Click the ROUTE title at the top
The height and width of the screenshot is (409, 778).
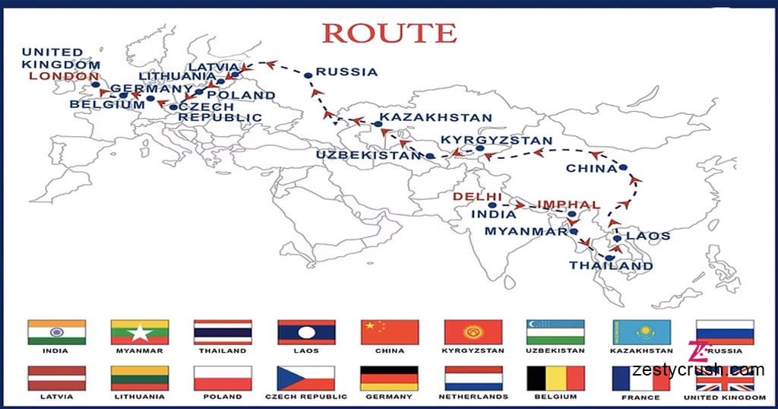(389, 33)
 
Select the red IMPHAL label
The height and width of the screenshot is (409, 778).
(568, 204)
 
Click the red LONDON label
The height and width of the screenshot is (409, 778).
(64, 77)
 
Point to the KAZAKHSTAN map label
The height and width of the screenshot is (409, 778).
(435, 119)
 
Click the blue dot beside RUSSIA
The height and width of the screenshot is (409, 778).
(308, 75)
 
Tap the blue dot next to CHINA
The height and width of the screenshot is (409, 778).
(623, 167)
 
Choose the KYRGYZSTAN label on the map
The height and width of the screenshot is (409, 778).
(497, 141)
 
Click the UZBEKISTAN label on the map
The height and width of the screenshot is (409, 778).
(368, 155)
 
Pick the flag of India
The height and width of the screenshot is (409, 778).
(56, 332)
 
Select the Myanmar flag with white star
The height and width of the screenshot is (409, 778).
(140, 332)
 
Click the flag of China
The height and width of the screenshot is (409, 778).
(390, 332)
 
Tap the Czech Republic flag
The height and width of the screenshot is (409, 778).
(305, 378)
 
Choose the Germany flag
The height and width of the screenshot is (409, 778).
(390, 378)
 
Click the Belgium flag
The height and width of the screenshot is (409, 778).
(555, 378)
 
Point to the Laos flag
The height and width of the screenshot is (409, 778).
(306, 332)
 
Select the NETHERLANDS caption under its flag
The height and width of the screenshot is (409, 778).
(473, 397)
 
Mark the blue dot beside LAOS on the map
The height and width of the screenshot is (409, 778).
(618, 238)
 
